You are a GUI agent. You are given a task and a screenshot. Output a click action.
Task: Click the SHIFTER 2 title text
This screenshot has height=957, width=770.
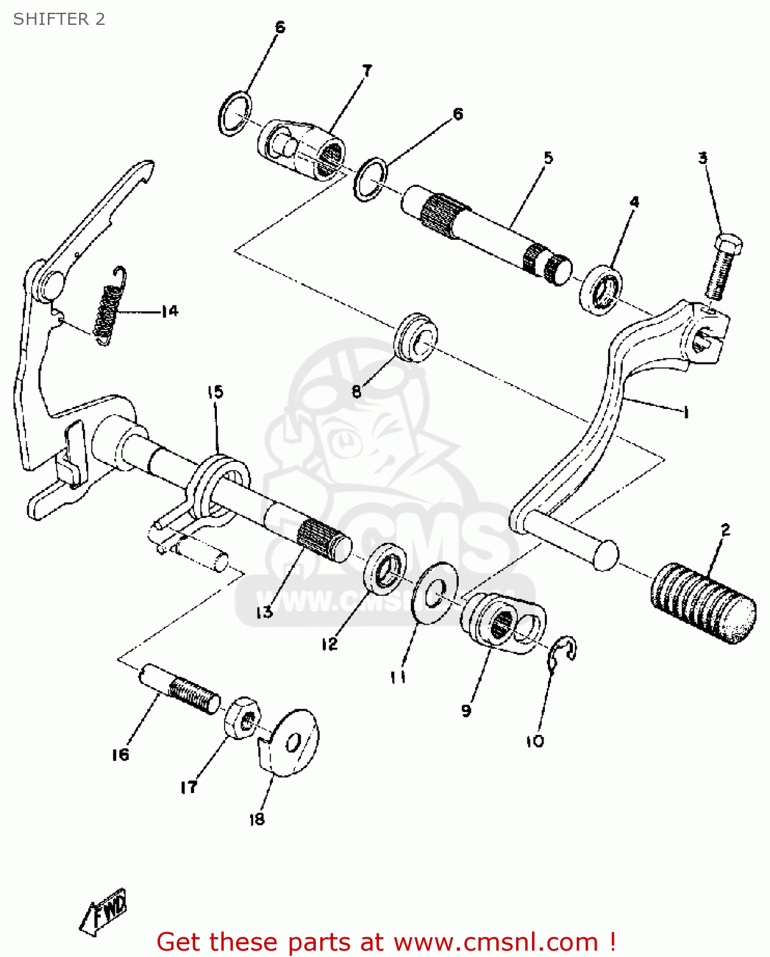(59, 19)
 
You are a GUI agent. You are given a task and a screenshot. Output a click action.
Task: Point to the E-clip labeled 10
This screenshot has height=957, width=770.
(564, 654)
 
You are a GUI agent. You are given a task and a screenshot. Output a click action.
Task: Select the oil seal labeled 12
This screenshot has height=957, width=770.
(385, 566)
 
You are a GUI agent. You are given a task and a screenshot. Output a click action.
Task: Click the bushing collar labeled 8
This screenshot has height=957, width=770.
(415, 336)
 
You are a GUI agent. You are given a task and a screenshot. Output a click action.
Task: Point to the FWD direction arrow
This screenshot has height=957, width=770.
(105, 911)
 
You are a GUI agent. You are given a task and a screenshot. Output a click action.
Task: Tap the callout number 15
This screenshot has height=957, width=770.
(215, 392)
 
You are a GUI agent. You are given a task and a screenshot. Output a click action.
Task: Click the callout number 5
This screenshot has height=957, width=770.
(548, 158)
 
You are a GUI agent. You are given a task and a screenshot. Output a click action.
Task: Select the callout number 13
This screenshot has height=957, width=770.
(264, 612)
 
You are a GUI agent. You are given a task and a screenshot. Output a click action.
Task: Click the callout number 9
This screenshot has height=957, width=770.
(466, 711)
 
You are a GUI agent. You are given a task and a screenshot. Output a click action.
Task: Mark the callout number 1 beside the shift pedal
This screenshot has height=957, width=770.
(685, 413)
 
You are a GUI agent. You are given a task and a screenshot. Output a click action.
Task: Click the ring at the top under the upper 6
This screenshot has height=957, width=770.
(234, 113)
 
